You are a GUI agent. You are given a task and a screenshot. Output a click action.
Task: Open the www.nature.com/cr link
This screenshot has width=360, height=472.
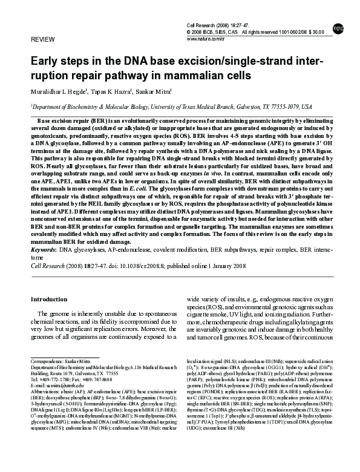(x=208, y=38)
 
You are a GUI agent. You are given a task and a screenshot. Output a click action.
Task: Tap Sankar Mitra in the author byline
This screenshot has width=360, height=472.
(x=154, y=92)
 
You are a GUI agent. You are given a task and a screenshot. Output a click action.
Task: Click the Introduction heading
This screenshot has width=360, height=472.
(x=49, y=299)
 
